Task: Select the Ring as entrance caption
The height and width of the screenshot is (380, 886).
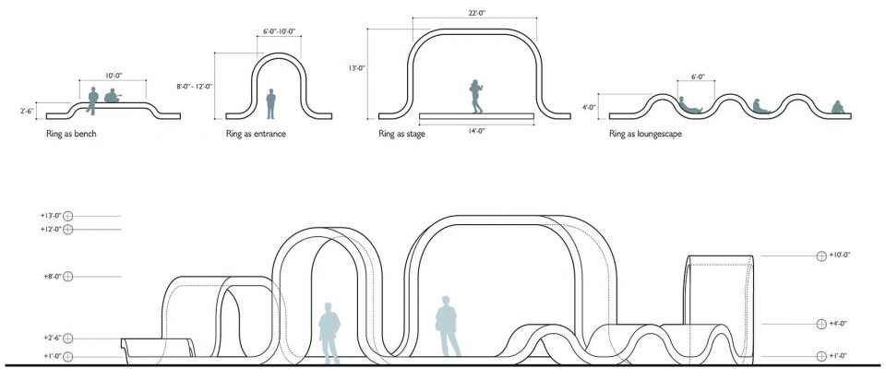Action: tap(256, 134)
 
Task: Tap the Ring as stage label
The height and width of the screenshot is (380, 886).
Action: tap(402, 134)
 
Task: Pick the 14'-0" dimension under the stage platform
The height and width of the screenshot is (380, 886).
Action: tap(475, 131)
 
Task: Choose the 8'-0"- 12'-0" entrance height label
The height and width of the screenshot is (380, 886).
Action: tap(195, 86)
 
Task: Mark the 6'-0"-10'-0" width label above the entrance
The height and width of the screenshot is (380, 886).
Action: tap(280, 32)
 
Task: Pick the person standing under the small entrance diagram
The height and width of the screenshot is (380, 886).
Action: tap(271, 103)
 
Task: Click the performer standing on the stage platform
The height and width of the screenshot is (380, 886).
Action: tap(476, 95)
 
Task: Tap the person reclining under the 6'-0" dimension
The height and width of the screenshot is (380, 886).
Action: tap(691, 106)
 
